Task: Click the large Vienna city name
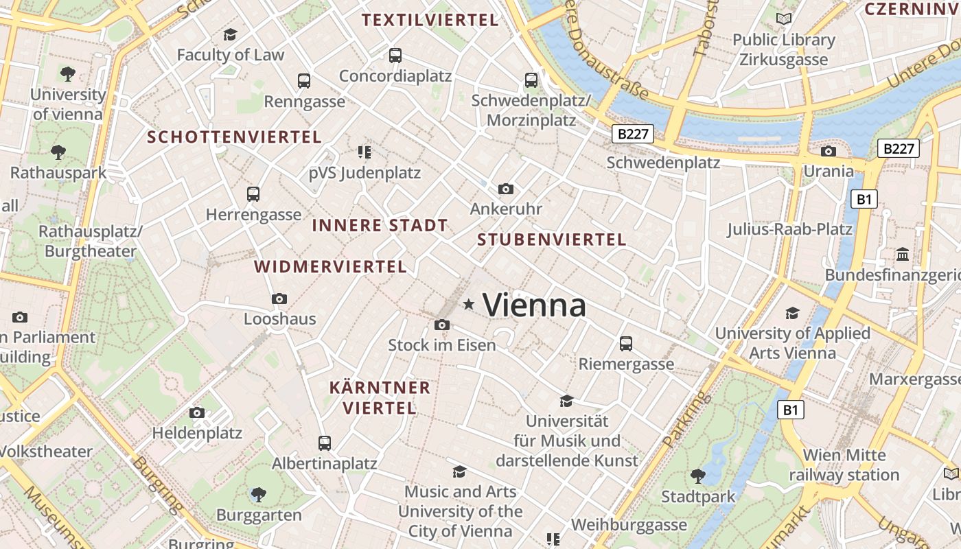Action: [535, 305]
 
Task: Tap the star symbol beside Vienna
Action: [469, 303]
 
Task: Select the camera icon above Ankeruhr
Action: [506, 189]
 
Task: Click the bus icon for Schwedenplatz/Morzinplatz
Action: [531, 80]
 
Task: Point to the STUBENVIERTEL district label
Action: [552, 240]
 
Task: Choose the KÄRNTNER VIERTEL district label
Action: [380, 397]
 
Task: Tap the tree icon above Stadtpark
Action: [697, 476]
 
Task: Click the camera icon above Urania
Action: [829, 151]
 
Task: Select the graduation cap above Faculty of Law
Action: [230, 34]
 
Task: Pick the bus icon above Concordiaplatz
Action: [395, 56]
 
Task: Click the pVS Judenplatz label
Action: [364, 172]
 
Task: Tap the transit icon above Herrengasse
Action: [253, 194]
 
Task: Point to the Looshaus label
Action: [280, 318]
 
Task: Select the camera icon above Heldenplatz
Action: [197, 412]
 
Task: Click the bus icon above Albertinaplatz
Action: [325, 443]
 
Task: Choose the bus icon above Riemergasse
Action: [626, 343]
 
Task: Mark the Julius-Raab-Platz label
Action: [789, 229]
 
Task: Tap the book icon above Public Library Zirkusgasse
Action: [783, 19]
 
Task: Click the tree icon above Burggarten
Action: [259, 494]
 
